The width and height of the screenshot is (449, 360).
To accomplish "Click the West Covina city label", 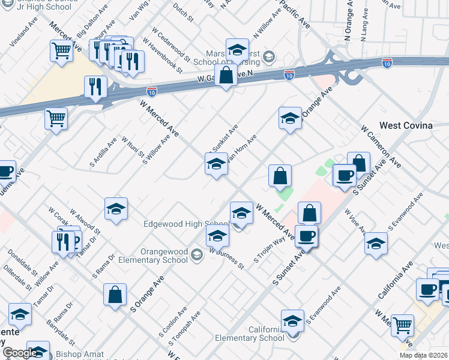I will pos(406,125).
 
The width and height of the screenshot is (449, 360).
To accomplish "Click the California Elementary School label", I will pos(249,334).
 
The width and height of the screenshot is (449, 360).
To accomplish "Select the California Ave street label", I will pos(396,280).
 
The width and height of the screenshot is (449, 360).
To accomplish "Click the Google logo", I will pos(20,353).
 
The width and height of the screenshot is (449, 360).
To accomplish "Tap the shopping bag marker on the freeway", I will pos(226,76).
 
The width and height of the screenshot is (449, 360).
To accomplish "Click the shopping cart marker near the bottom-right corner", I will pos(402,325).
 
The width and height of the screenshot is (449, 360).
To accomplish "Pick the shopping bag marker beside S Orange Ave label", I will pos(115,295).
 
